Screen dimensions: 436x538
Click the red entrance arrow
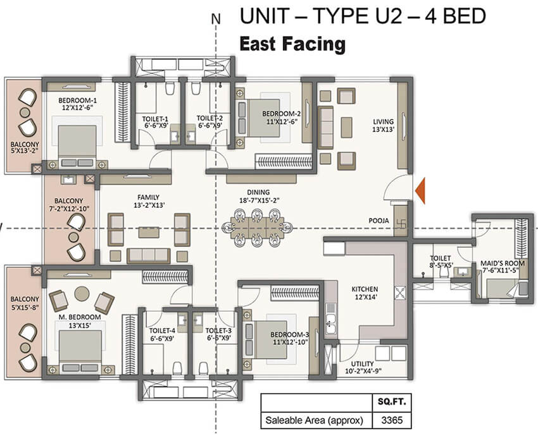tap(420, 190)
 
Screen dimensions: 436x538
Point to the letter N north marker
tap(216, 19)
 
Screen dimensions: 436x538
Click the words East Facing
tap(292, 44)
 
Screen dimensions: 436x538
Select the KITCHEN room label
tap(365, 289)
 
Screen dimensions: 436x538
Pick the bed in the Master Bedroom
tap(80, 348)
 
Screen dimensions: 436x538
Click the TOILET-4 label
tap(162, 330)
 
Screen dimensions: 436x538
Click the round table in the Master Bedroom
tap(82, 294)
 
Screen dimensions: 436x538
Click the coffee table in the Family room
tap(149, 232)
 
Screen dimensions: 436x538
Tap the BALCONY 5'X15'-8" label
tap(24, 303)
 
